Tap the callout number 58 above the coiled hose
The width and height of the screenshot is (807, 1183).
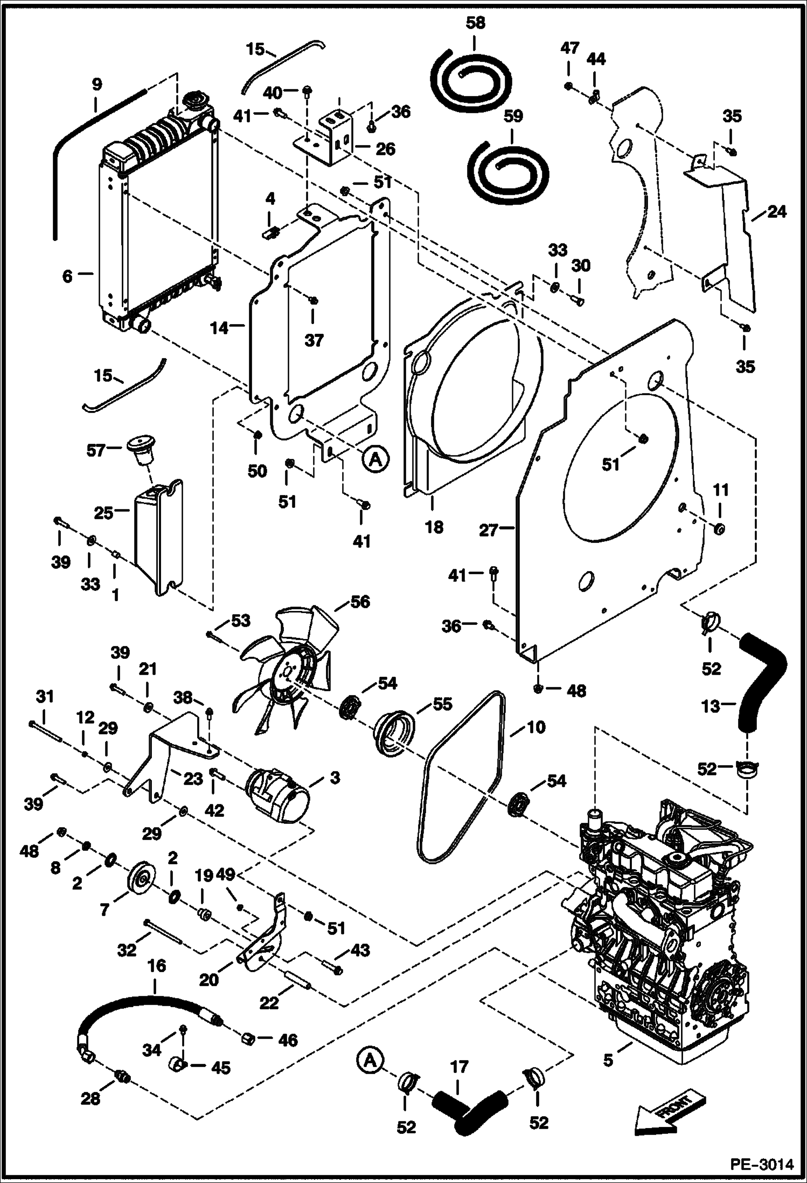coord(475,23)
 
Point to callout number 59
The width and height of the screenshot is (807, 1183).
coord(513,116)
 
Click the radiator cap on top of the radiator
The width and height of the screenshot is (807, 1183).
coord(192,101)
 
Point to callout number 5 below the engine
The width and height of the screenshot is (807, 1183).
coord(608,1060)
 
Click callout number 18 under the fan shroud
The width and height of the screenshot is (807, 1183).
coord(434,527)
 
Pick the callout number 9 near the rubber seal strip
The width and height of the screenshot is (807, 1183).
coord(96,84)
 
